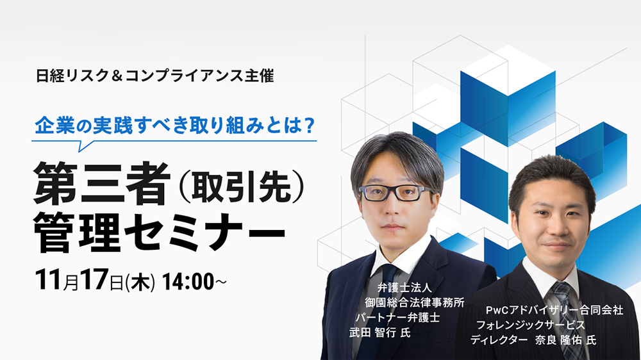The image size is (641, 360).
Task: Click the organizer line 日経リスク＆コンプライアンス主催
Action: tap(154, 76)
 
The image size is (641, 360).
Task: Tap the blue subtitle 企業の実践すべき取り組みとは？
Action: tap(174, 126)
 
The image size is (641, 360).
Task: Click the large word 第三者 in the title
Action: tap(102, 184)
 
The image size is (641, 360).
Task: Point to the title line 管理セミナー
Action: tap(159, 232)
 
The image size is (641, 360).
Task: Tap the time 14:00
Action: tap(188, 282)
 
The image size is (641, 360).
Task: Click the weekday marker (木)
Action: tap(140, 282)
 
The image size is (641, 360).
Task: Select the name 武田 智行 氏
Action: tap(379, 332)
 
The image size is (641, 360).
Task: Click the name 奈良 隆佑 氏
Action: tap(565, 340)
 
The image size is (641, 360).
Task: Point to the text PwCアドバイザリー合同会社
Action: tap(554, 310)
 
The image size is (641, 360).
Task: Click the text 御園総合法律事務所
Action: tap(415, 302)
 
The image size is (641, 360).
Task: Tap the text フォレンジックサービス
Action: tap(531, 325)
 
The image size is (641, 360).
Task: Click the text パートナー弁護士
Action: tap(398, 318)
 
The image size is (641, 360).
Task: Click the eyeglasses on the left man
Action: tap(395, 192)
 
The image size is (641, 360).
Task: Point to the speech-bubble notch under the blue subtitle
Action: tap(84, 145)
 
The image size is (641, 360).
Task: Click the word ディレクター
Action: tap(499, 340)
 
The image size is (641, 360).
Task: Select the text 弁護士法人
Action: tap(404, 288)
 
